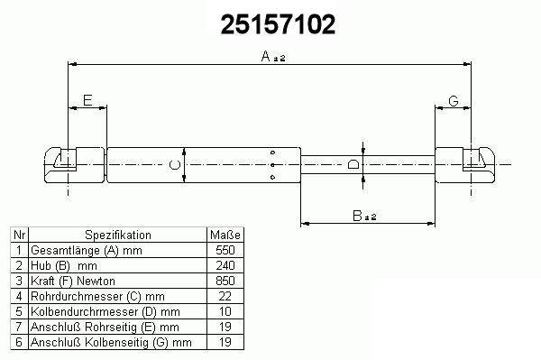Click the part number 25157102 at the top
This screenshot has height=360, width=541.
278,25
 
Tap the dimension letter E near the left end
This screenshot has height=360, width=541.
87,100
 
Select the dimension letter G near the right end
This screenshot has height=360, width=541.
454,101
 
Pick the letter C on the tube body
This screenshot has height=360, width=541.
175,165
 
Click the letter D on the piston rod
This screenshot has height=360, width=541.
353,164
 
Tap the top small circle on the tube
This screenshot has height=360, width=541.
272,152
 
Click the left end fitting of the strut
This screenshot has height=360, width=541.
74,165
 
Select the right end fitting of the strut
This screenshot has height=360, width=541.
464,165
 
